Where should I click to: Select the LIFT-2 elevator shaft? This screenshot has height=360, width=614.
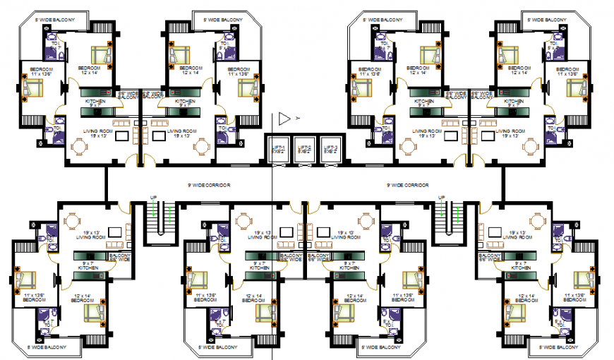click(x=304, y=149)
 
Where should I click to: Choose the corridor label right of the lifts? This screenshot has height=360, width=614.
click(x=408, y=185)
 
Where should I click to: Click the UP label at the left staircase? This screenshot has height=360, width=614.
click(x=153, y=198)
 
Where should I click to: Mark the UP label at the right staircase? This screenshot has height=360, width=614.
click(x=441, y=198)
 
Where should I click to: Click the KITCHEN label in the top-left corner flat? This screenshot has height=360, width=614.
click(x=95, y=102)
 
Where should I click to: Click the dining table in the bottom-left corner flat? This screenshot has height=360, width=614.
click(x=73, y=222)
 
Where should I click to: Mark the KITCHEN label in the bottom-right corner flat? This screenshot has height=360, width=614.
click(x=521, y=268)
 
